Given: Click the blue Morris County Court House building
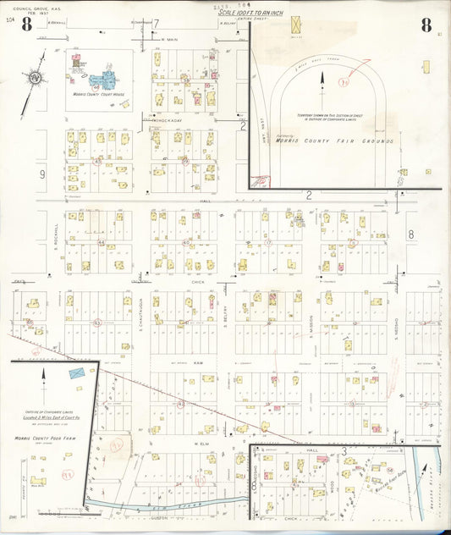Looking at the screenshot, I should (x=103, y=81).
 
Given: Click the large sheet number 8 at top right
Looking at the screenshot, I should (x=426, y=24).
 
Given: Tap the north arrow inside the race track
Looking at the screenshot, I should (x=322, y=80).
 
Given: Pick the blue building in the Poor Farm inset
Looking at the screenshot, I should (x=77, y=372).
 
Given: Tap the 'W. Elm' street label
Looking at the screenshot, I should (x=201, y=444).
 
